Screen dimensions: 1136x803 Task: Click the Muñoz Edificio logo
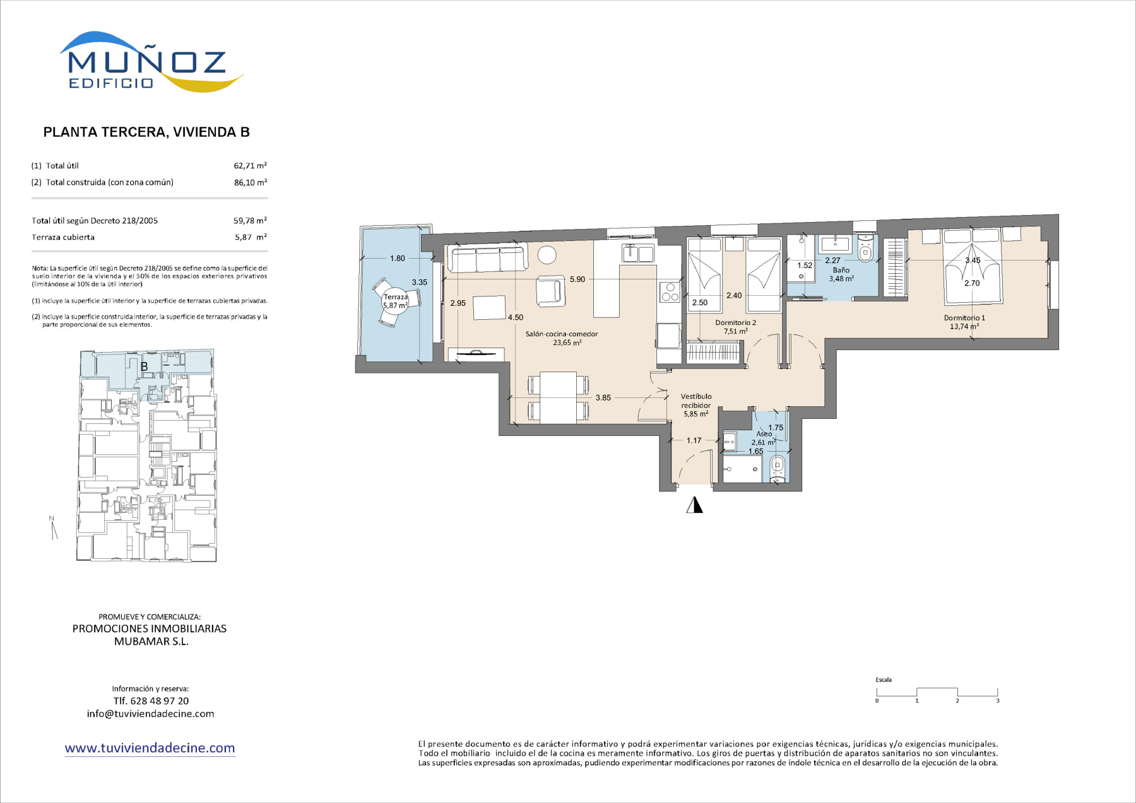[x=151, y=62]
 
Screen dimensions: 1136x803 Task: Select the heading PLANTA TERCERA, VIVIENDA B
[x=146, y=132]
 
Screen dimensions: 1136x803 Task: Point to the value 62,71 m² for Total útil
[x=250, y=165]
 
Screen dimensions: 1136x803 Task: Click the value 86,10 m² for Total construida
[x=250, y=182]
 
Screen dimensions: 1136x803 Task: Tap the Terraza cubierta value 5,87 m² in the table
[x=251, y=237]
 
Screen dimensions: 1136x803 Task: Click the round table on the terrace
[x=396, y=302]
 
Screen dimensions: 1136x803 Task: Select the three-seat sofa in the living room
[x=487, y=259]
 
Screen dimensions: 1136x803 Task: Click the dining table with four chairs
[x=559, y=398]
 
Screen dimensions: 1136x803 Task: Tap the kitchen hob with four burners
[x=670, y=293]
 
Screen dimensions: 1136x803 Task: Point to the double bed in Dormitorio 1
[x=972, y=269]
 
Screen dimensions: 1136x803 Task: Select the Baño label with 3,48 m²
[x=841, y=274]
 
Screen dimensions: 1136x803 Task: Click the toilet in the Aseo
[x=778, y=467]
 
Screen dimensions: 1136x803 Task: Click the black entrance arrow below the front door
[x=695, y=505]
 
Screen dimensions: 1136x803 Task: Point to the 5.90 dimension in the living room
[x=577, y=279]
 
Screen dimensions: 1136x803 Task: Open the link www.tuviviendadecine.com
[x=150, y=748]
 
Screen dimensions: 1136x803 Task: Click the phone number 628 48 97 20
[x=160, y=701]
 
